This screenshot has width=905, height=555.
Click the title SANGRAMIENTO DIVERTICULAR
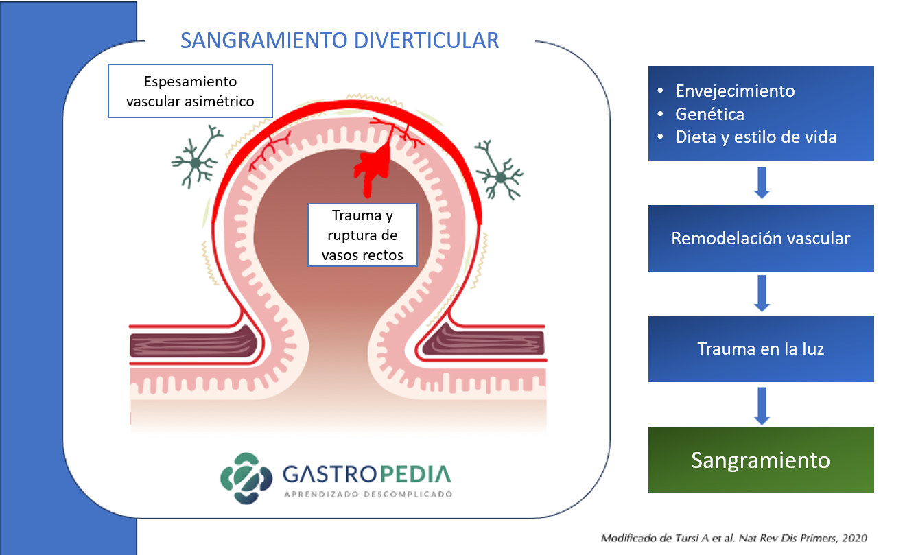(x=340, y=40)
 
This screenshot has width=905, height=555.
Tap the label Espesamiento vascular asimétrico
(x=190, y=91)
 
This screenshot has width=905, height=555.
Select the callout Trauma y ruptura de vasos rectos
(x=362, y=235)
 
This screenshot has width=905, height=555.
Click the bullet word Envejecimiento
(x=735, y=91)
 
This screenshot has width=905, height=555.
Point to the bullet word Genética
(x=709, y=114)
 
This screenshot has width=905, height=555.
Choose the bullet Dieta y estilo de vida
(x=756, y=137)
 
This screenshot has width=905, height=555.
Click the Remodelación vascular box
(x=761, y=238)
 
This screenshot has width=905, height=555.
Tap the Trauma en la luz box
(x=761, y=349)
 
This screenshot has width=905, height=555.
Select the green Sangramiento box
(x=761, y=460)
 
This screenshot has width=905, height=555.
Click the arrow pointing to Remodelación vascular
(x=762, y=182)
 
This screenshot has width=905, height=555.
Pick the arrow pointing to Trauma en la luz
(x=762, y=294)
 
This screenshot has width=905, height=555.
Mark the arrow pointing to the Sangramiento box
(x=762, y=406)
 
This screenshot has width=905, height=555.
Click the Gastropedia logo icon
(x=246, y=478)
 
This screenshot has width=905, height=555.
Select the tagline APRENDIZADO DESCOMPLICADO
(x=368, y=495)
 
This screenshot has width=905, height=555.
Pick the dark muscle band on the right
(x=484, y=340)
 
